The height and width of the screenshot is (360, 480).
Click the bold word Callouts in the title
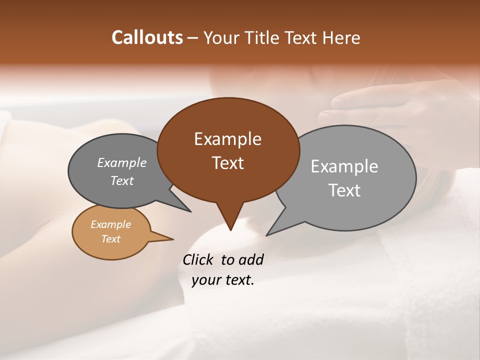click(x=147, y=37)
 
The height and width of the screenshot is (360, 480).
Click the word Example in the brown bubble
click(x=227, y=139)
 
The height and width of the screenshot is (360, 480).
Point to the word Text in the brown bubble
click(x=227, y=163)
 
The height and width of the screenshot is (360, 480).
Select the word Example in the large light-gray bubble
click(x=344, y=166)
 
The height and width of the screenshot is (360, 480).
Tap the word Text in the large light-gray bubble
click(x=344, y=190)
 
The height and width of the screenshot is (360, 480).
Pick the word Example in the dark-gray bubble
click(x=122, y=162)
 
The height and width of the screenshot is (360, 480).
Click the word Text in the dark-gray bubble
click(x=122, y=180)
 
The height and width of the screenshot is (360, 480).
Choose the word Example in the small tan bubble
click(x=111, y=224)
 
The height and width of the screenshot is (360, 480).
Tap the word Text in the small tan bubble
click(x=111, y=238)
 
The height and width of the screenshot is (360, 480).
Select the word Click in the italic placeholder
click(x=199, y=259)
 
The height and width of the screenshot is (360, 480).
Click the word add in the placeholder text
click(x=251, y=259)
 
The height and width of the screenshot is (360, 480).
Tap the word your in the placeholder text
click(x=205, y=280)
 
